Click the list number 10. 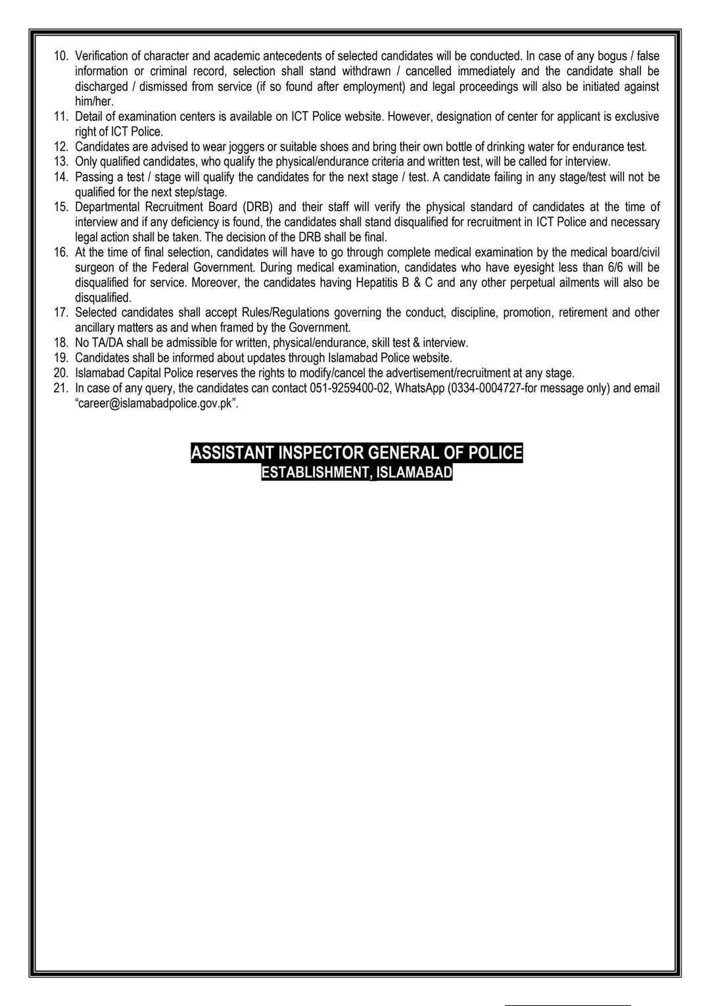(x=60, y=56)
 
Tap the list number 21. (x=60, y=388)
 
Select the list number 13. (x=60, y=161)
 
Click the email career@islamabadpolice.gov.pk (x=156, y=403)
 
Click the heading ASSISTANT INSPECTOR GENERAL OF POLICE (x=356, y=453)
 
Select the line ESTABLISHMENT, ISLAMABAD (x=356, y=472)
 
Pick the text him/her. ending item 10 (x=94, y=101)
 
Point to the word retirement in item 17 (x=584, y=313)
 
